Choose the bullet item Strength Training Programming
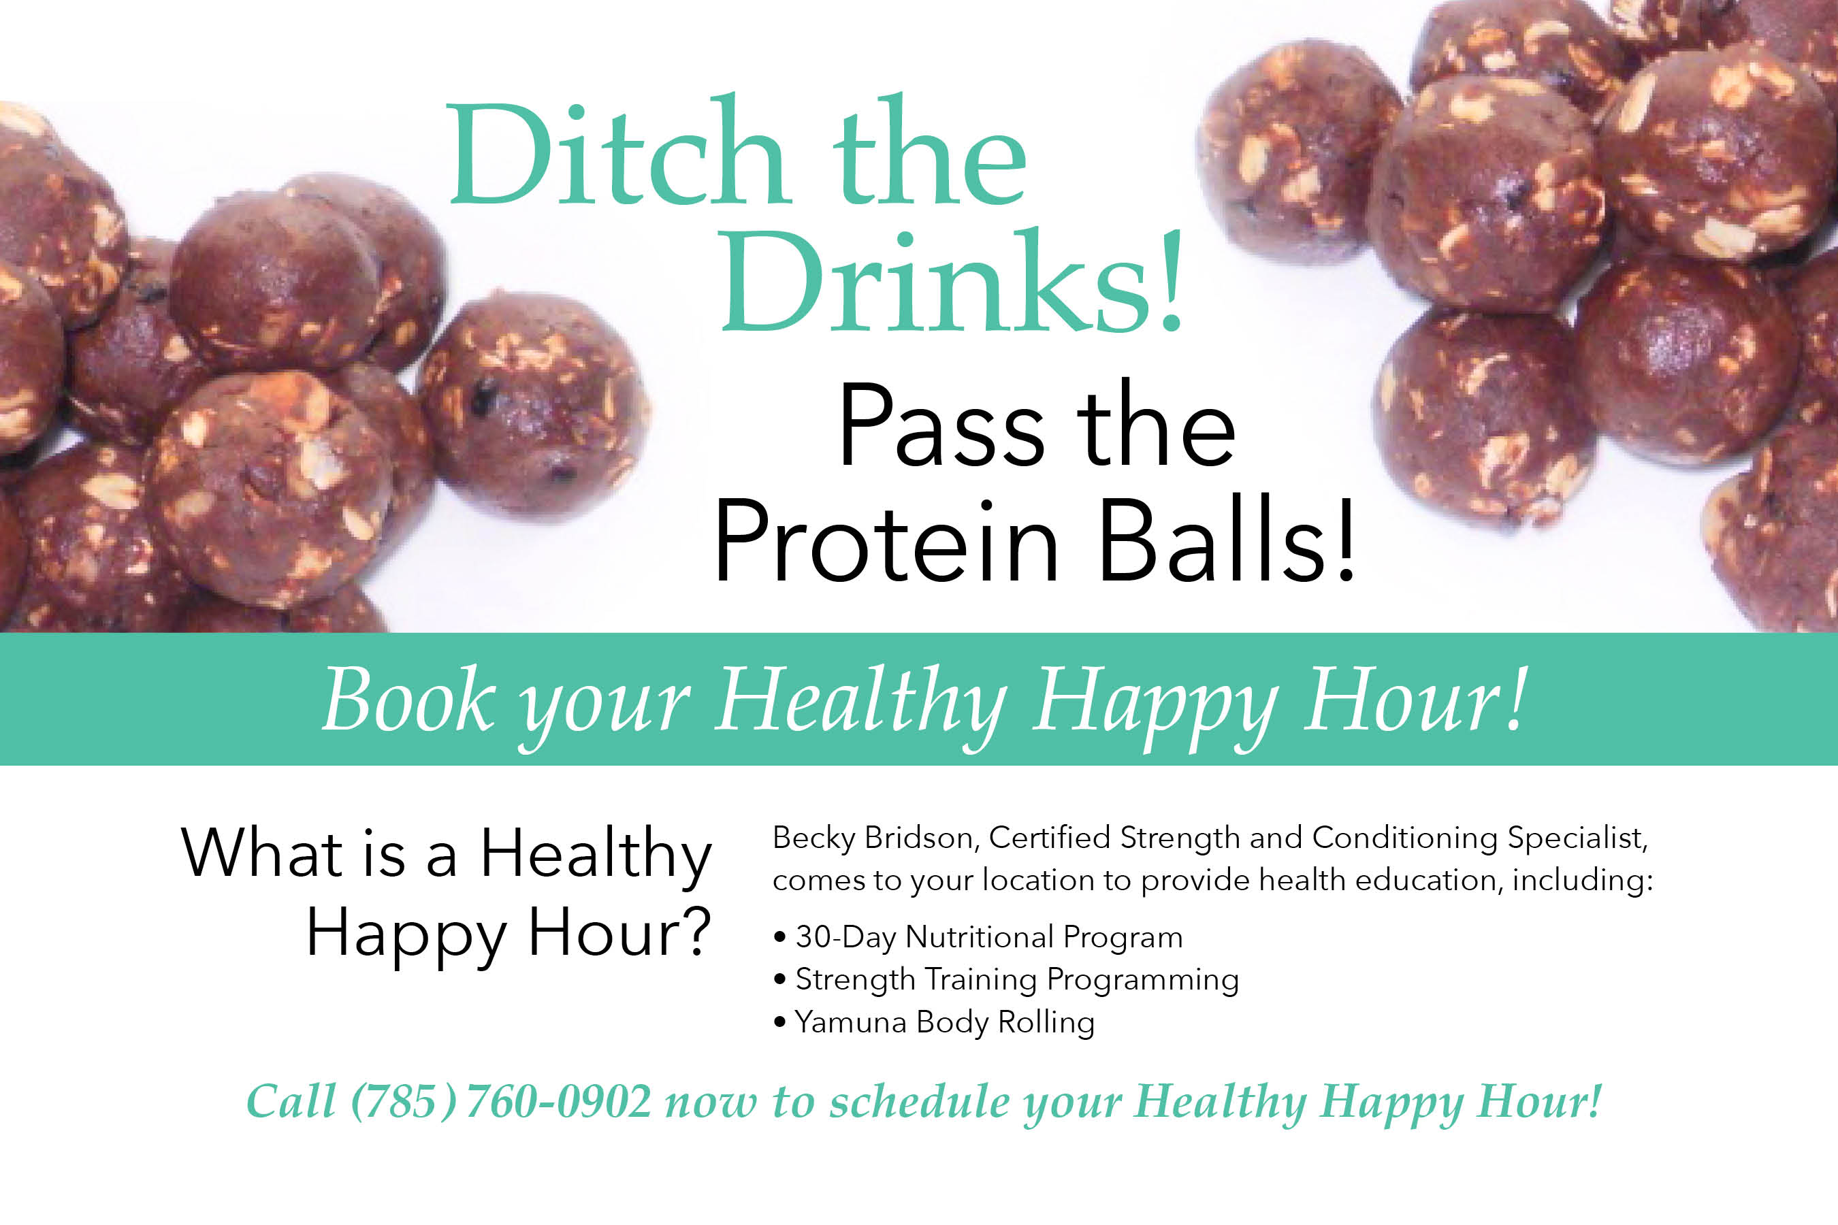point(1005,981)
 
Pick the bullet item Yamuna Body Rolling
point(934,1023)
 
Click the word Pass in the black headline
point(941,427)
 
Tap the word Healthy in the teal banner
point(861,701)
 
